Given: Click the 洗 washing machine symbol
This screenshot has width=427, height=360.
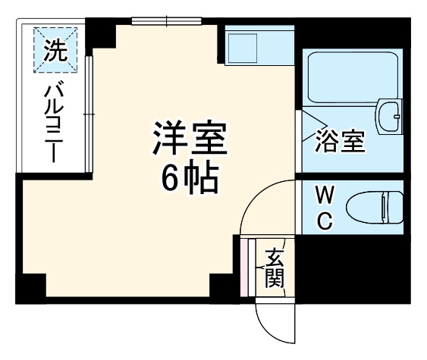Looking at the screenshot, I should (x=55, y=52).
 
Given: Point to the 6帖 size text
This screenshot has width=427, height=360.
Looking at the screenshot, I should (x=189, y=178).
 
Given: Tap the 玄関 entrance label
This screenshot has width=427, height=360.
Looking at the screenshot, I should (x=274, y=269).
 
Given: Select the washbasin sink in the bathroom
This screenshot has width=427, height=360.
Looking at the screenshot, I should (x=391, y=117).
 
